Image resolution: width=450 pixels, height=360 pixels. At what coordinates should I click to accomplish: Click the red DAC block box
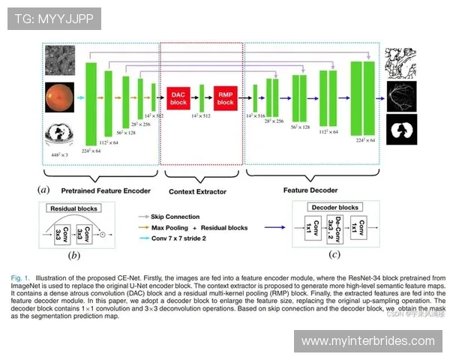click(x=178, y=97)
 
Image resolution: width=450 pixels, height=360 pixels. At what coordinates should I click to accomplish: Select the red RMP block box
click(x=226, y=97)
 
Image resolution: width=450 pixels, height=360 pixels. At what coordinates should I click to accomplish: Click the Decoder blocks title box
click(x=337, y=207)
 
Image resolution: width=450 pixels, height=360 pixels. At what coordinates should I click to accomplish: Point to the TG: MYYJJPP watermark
click(x=53, y=18)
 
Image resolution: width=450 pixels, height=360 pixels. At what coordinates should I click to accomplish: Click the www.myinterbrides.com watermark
click(x=367, y=341)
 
